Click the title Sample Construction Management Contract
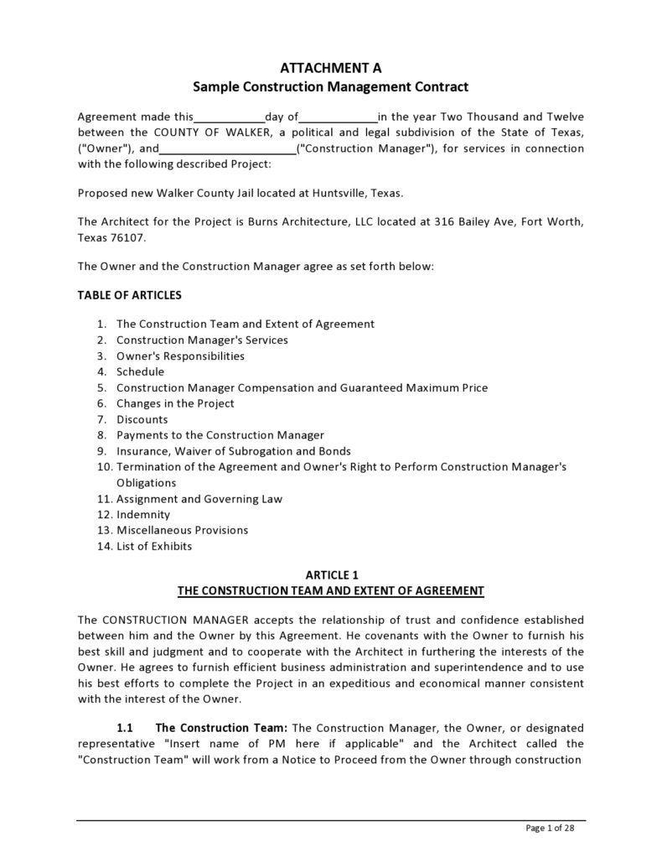point(330,86)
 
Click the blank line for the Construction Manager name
point(227,149)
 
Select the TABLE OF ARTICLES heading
point(129,295)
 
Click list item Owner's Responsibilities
point(180,356)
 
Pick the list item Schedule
point(140,371)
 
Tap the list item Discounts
point(142,419)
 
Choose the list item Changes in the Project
point(175,403)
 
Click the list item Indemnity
point(142,514)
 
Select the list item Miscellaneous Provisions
point(182,530)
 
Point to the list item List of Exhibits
point(154,546)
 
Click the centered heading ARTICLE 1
point(330,574)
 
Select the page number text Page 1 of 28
point(550,828)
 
